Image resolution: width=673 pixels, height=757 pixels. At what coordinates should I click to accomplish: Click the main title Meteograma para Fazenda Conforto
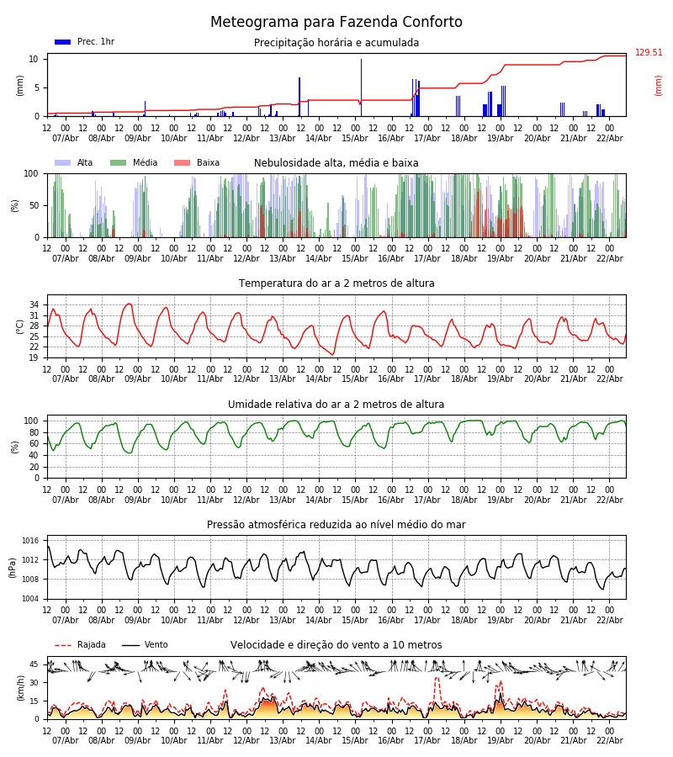tap(336, 23)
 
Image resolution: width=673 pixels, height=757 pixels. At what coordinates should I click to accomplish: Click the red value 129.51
tap(649, 53)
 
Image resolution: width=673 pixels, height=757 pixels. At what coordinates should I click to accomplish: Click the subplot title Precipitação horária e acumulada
tap(336, 43)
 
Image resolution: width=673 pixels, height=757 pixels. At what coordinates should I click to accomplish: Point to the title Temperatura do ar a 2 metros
tap(336, 283)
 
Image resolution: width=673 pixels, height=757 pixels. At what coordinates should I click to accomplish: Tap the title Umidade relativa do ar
tap(336, 405)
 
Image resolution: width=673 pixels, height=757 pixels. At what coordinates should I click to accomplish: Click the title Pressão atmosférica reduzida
tap(336, 525)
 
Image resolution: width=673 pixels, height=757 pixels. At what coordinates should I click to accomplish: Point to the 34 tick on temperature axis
tap(34, 304)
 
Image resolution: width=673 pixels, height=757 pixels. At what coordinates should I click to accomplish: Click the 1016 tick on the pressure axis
tap(30, 541)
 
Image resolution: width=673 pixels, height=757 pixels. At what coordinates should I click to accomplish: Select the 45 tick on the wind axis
tap(34, 664)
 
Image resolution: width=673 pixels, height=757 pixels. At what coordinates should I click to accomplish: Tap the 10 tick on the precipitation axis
tap(34, 59)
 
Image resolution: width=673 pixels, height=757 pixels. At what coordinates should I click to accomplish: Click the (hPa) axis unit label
tap(13, 567)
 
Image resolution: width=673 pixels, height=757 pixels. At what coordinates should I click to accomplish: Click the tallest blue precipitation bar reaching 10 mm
tap(362, 87)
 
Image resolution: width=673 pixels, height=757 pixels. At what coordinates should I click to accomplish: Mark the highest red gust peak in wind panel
tap(437, 678)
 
